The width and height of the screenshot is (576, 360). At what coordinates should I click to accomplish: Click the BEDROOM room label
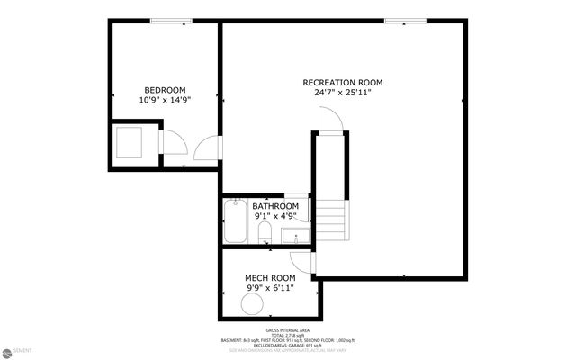(165, 90)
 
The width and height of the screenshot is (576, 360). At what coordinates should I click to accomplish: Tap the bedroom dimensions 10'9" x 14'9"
(165, 101)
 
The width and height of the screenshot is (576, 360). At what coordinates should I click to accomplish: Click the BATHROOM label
(274, 206)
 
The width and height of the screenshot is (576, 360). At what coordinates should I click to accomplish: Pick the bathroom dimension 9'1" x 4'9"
(274, 216)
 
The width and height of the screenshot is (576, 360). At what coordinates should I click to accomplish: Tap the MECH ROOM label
(270, 278)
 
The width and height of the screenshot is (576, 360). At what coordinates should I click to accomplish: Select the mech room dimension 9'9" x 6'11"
(270, 288)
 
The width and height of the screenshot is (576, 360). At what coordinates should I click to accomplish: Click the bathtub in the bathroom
(235, 220)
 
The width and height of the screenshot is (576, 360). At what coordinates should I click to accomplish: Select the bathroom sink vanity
(294, 237)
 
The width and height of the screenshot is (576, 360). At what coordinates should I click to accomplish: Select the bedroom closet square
(130, 142)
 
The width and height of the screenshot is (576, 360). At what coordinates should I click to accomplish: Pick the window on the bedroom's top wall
(169, 21)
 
